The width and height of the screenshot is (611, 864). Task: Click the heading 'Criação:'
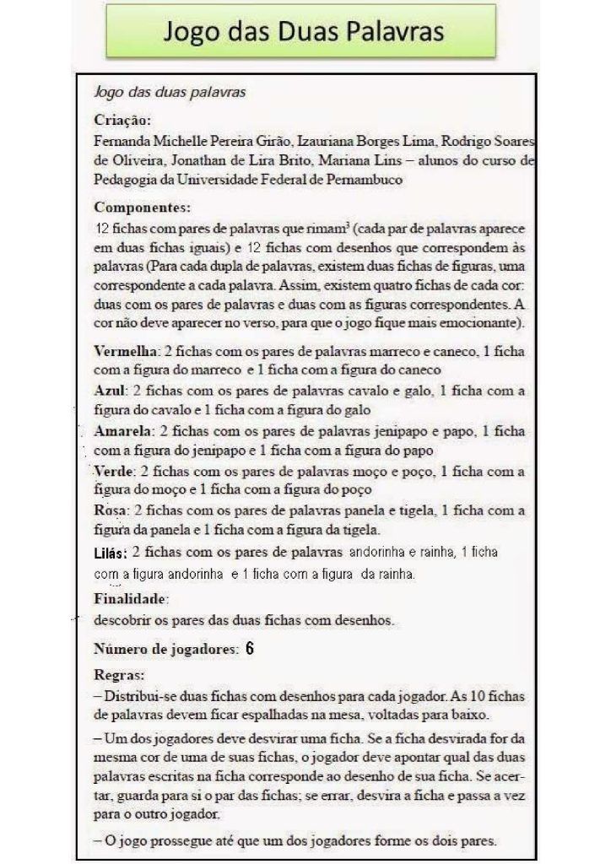pyautogui.click(x=122, y=121)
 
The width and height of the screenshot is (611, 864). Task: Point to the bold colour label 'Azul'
pyautogui.click(x=111, y=391)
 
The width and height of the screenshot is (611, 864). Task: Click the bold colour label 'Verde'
pyautogui.click(x=114, y=471)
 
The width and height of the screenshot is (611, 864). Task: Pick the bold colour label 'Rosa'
pyautogui.click(x=111, y=510)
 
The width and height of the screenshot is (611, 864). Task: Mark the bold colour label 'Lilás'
pyautogui.click(x=111, y=554)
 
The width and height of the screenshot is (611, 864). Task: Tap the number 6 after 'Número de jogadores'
pyautogui.click(x=251, y=649)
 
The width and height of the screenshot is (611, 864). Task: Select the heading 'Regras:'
pyautogui.click(x=119, y=675)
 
